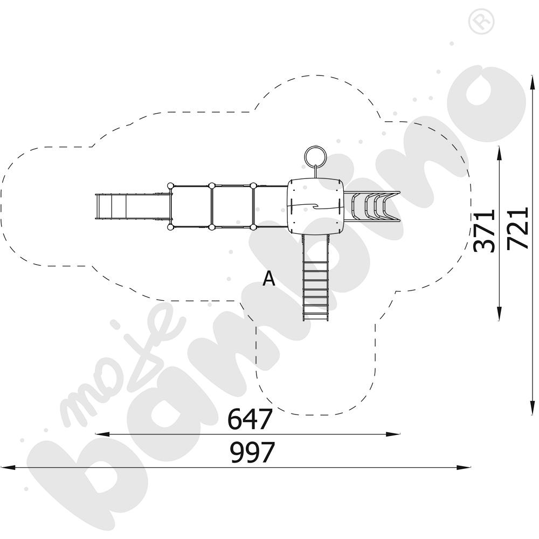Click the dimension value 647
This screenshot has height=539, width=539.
tap(250, 419)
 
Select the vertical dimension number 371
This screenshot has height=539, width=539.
tap(484, 231)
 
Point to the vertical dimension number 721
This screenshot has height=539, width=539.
tap(518, 228)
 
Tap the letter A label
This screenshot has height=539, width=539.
tap(269, 279)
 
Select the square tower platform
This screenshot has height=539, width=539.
tap(315, 206)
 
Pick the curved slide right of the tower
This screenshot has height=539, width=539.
tap(372, 206)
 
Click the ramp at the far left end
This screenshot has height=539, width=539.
tap(133, 206)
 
